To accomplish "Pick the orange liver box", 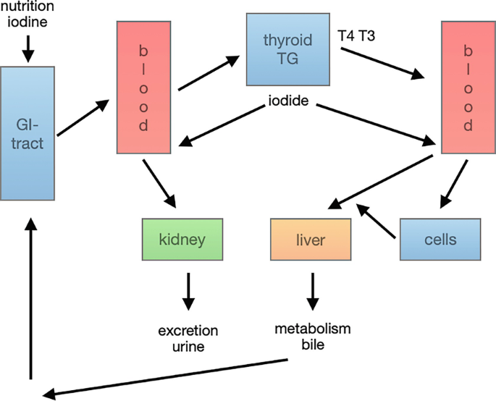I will [x=311, y=238].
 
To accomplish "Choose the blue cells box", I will [x=440, y=238].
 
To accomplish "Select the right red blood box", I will [x=467, y=87].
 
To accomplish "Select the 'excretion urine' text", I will [x=188, y=339].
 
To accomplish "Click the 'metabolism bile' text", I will [x=312, y=336].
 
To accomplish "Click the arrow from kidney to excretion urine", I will [x=188, y=290].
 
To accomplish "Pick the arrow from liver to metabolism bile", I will [x=312, y=290].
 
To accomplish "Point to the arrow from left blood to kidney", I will [x=160, y=183].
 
